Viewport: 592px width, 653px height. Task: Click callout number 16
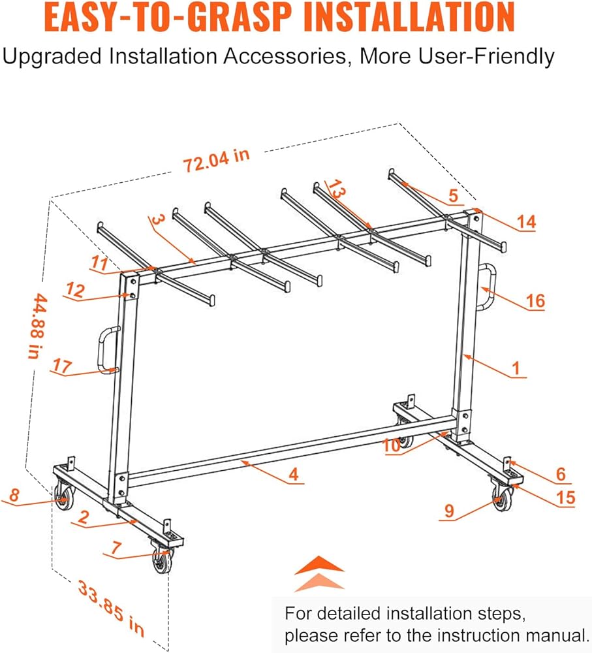click(x=534, y=300)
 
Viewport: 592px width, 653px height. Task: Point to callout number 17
click(x=63, y=367)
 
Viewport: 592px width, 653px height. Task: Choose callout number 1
click(x=516, y=368)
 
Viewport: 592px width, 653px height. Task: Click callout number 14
click(x=525, y=222)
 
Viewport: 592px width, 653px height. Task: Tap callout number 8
click(x=14, y=496)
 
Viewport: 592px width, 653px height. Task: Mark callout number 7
click(x=115, y=550)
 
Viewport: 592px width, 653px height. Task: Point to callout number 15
click(x=565, y=498)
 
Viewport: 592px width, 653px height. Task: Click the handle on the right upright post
click(x=486, y=287)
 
